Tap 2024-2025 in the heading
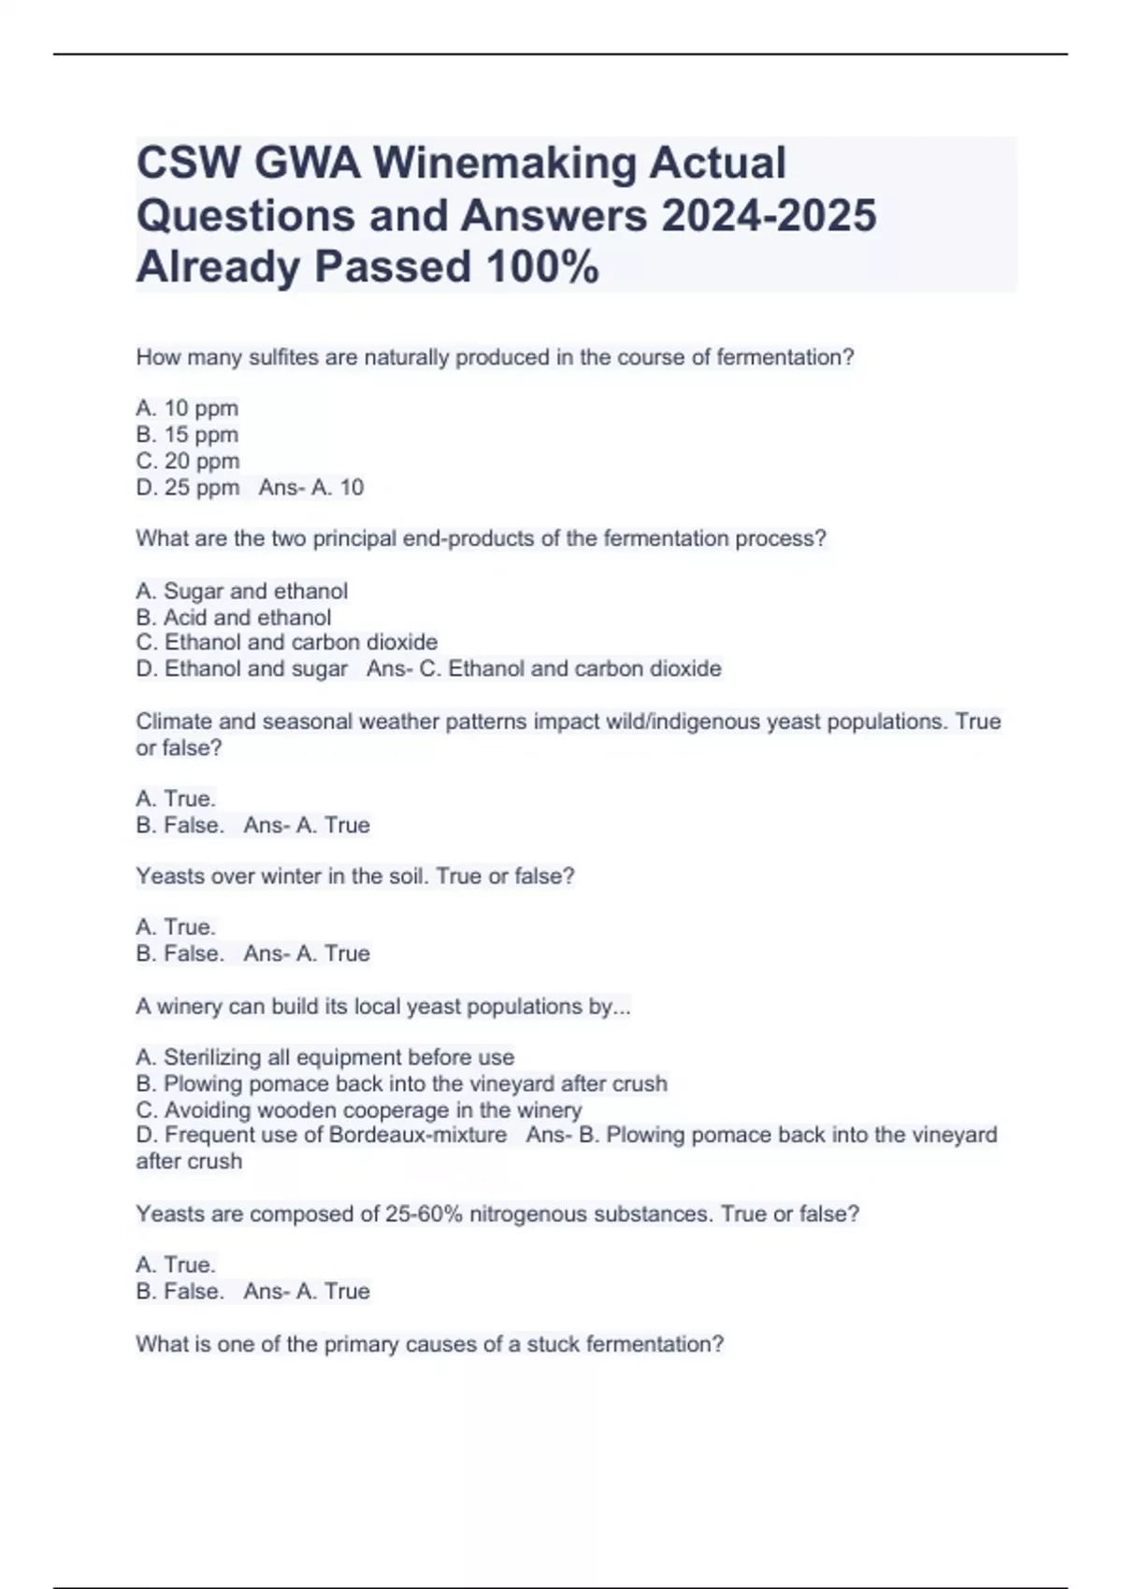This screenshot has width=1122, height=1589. coord(769,215)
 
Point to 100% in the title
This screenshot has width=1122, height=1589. coord(542,267)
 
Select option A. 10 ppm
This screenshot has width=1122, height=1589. coord(187,408)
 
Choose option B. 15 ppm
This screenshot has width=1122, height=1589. coord(187,435)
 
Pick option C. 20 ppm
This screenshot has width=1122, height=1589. coord(188,461)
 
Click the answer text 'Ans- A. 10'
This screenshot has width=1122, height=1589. coord(311,487)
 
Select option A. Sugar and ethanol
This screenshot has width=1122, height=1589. coord(241,591)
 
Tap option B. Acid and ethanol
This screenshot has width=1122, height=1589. coord(233,617)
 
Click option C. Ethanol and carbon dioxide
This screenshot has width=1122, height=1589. coord(286,642)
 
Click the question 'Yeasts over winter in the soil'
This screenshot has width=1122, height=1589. coord(355,876)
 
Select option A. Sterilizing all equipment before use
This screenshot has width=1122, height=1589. coord(324,1057)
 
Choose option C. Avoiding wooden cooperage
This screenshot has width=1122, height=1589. coord(358,1109)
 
